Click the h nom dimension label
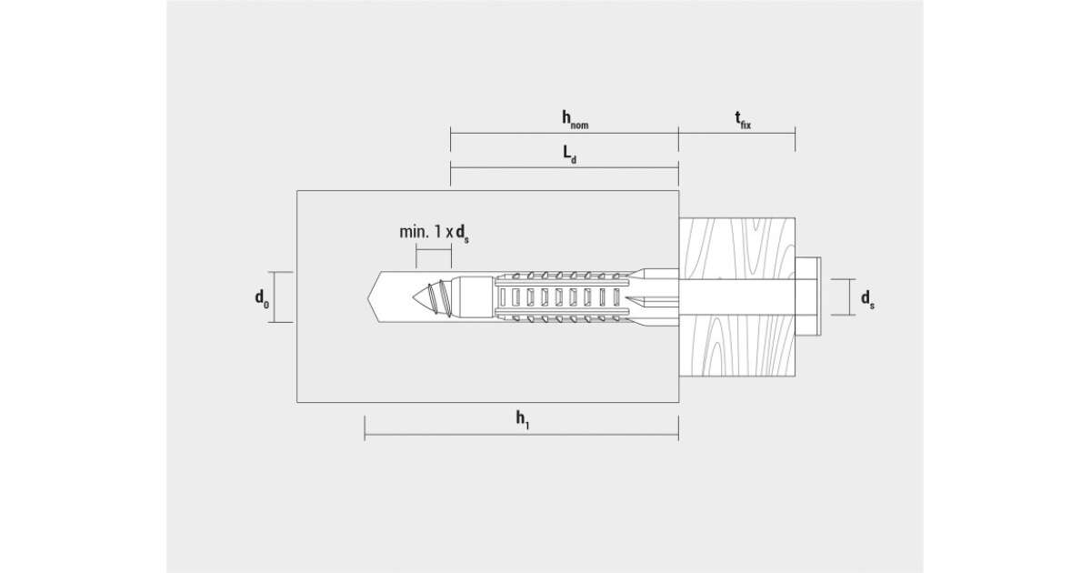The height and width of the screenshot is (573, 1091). [x=575, y=119]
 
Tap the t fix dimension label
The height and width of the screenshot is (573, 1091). [x=743, y=120]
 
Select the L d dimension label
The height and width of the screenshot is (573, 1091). [x=570, y=155]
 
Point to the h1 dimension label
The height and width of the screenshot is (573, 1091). [x=523, y=420]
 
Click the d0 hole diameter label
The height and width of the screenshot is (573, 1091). [x=262, y=297]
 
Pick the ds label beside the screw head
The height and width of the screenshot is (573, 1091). [x=867, y=298]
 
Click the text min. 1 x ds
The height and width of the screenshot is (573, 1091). [x=434, y=234]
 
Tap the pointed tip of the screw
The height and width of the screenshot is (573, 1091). [x=414, y=297]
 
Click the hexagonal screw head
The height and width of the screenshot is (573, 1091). [x=808, y=297]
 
